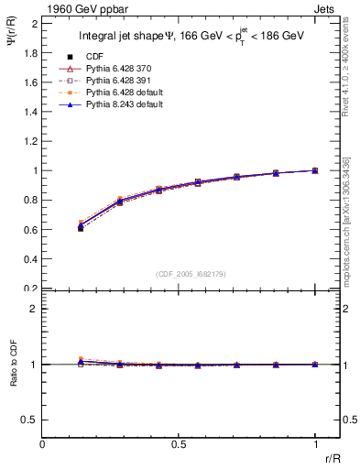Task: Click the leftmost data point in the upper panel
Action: point(81,227)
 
